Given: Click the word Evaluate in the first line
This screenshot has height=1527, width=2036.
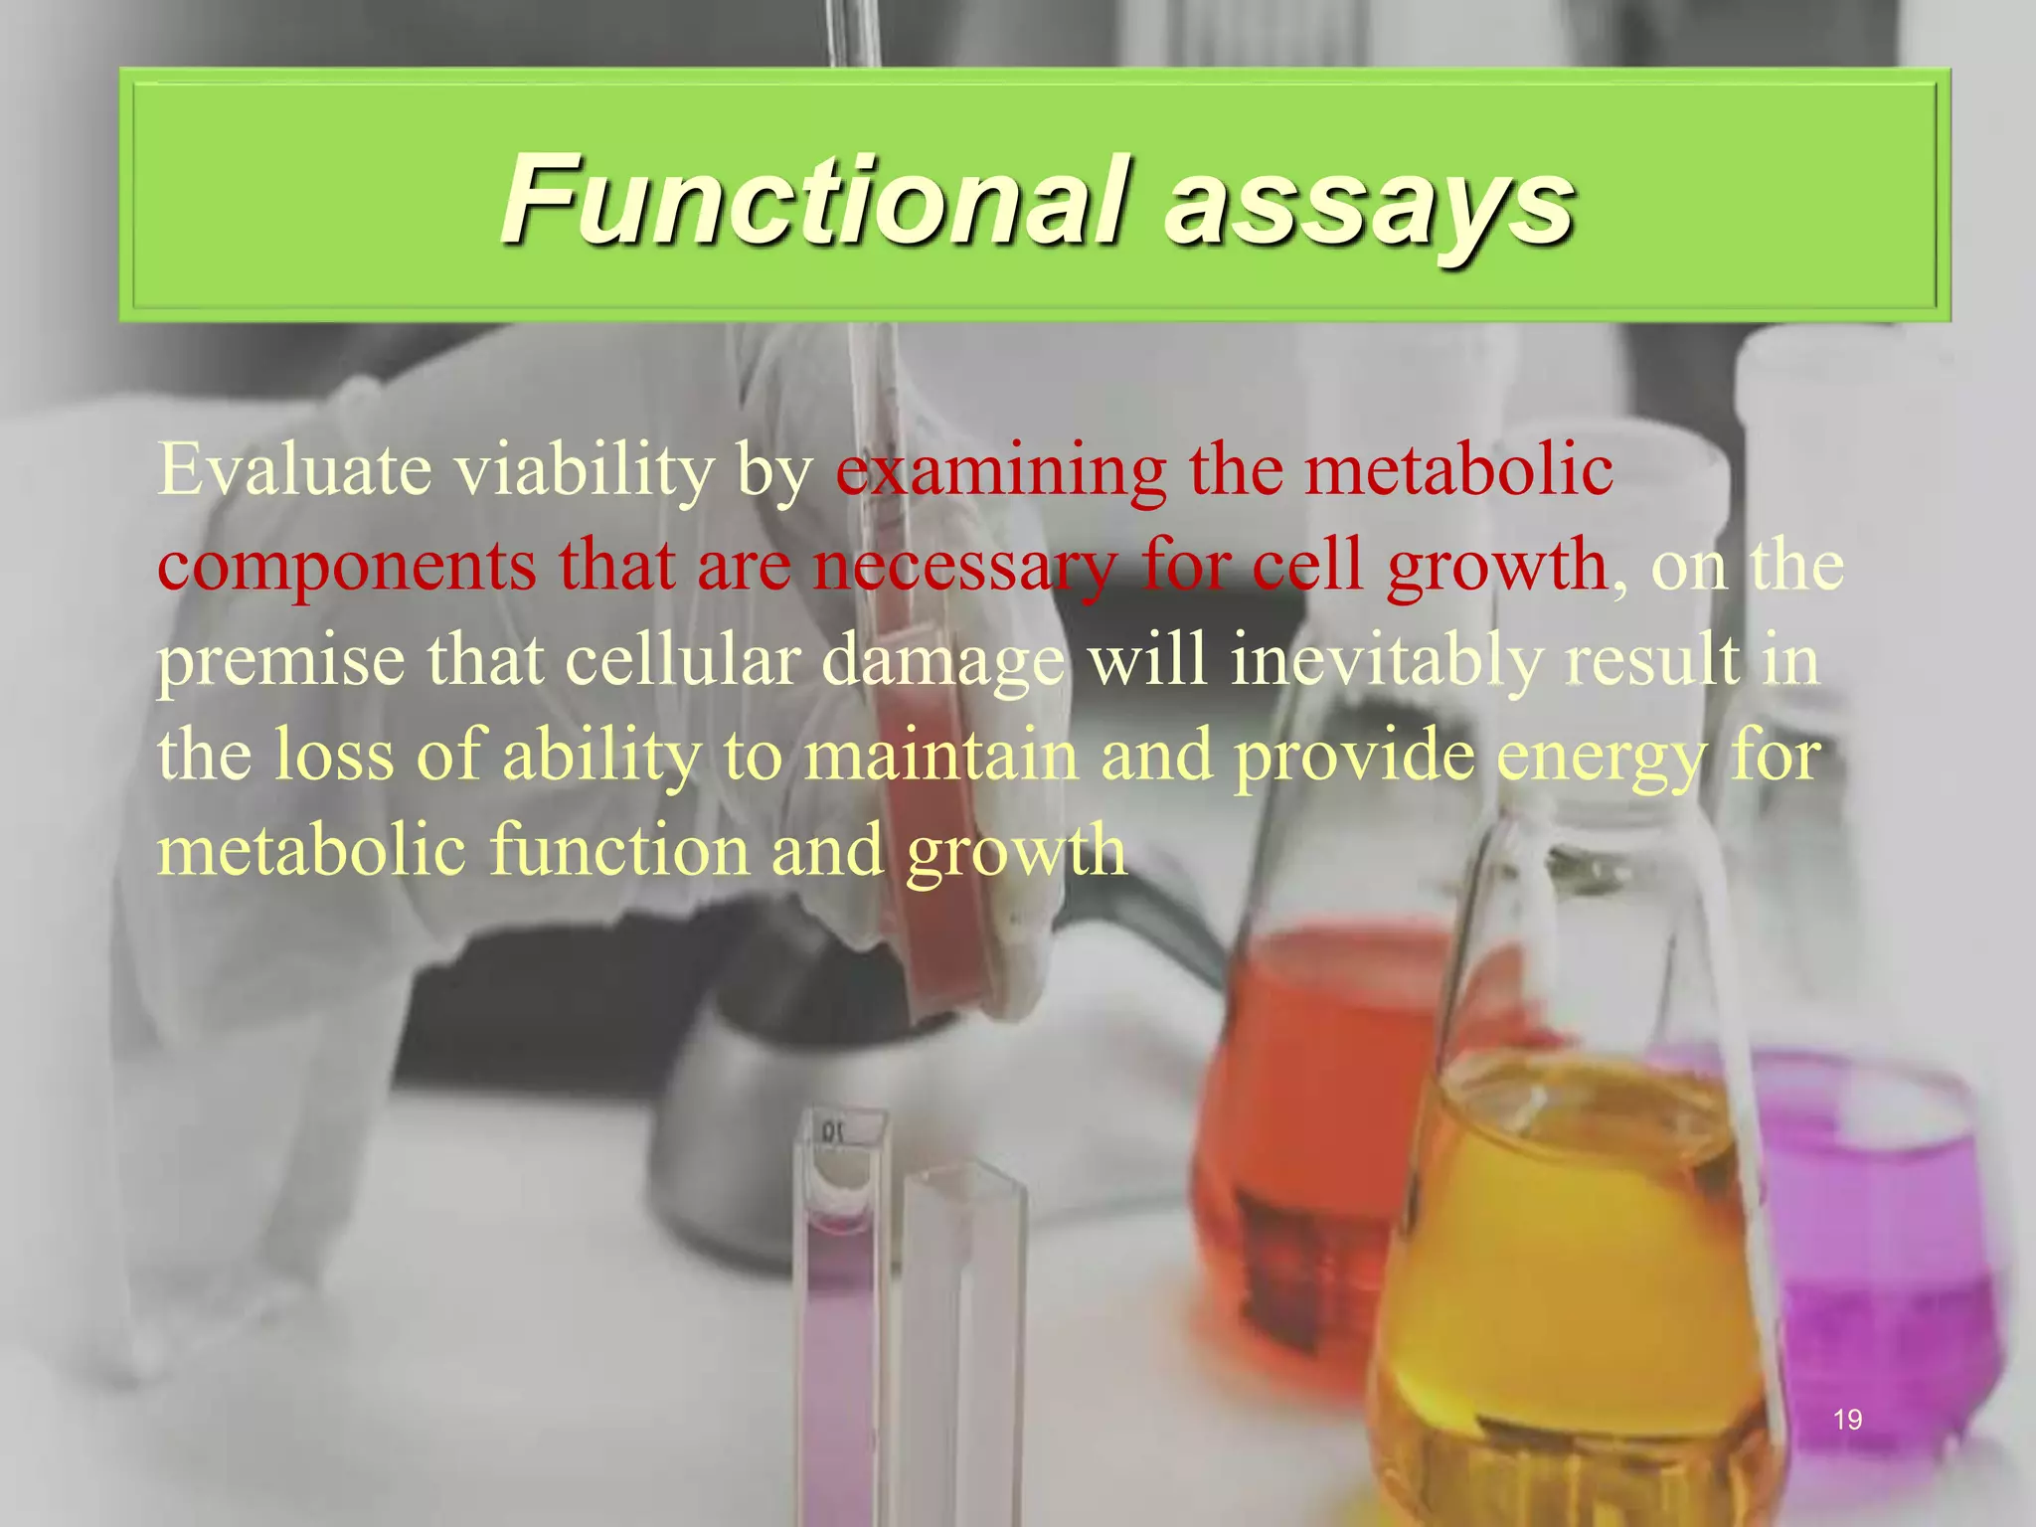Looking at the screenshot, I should point(294,469).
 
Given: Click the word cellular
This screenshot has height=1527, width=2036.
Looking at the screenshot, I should point(682,660).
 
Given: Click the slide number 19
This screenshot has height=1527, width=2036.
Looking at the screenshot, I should point(1847,1420).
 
